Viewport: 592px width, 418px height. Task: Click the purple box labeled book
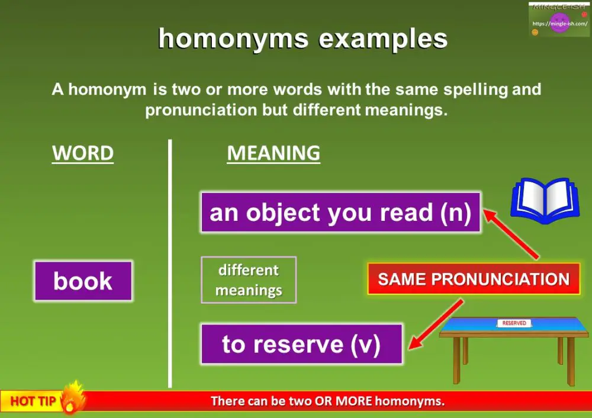pos(83,281)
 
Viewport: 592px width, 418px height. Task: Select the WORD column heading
pos(83,153)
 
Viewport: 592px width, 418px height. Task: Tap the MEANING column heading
pos(274,153)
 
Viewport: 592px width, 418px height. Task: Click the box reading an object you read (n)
pos(340,213)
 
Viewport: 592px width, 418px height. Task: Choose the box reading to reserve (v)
pos(301,344)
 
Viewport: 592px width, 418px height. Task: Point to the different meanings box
pos(249,280)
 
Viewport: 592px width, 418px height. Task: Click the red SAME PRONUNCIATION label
pos(474,279)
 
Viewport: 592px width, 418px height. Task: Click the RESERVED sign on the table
pos(514,323)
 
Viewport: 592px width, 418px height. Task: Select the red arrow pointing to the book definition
pos(512,233)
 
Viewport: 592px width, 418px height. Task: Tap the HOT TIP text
pos(33,401)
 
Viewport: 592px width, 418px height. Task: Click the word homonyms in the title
pos(233,39)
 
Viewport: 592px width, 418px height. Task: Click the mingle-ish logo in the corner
pos(558,20)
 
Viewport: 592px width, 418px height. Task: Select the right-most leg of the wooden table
pos(571,364)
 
